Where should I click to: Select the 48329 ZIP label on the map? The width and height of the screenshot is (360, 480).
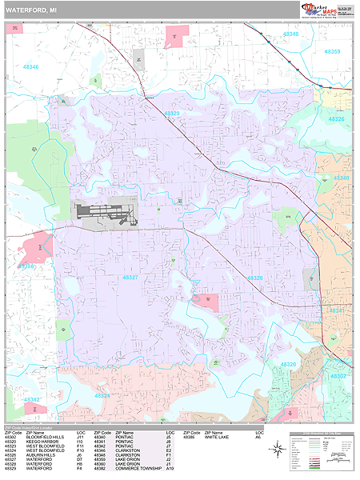(172, 114)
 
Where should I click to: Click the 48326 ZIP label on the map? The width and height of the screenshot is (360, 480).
(337, 119)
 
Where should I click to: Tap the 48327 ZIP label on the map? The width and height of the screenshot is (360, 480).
(130, 277)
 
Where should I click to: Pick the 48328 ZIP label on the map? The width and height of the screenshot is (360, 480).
(254, 278)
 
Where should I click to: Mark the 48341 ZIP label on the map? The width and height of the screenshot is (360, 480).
(337, 310)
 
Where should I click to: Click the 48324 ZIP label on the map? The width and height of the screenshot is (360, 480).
(102, 395)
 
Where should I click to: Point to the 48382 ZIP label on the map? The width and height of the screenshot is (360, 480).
(32, 399)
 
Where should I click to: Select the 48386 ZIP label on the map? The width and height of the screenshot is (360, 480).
(28, 266)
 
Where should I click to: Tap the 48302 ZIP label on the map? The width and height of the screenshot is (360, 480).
(339, 375)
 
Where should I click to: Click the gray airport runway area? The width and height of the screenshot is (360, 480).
(103, 211)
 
